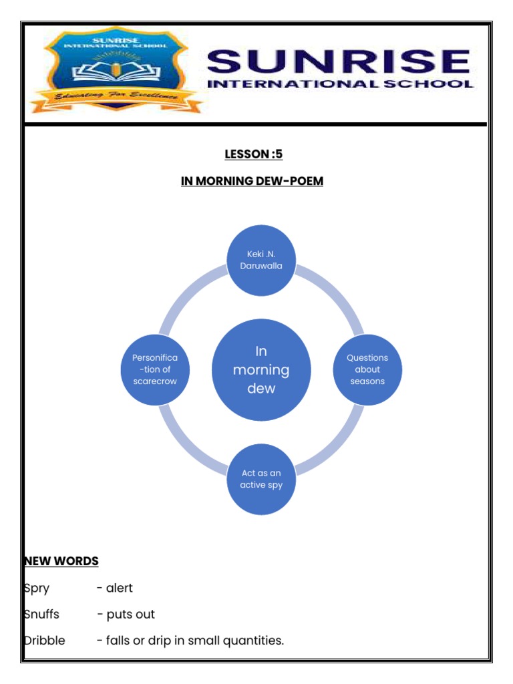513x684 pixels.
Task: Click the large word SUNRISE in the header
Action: (x=339, y=62)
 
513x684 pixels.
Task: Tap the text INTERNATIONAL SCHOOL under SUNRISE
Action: (x=341, y=85)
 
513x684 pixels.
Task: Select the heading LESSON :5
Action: (x=254, y=154)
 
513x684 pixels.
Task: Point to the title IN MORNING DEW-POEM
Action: (x=252, y=181)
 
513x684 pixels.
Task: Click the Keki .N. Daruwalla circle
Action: (x=261, y=260)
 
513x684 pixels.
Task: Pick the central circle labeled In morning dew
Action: (x=261, y=370)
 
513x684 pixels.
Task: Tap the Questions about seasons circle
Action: (x=367, y=369)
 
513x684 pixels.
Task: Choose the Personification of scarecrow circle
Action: (x=155, y=369)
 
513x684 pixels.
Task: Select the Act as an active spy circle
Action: (x=261, y=479)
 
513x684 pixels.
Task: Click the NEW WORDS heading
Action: (x=61, y=561)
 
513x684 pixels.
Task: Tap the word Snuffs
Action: (x=41, y=614)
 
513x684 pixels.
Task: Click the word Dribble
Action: (x=45, y=640)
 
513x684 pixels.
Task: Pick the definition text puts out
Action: (x=130, y=614)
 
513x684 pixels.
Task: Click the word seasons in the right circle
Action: (x=367, y=381)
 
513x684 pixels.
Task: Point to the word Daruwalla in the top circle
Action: (x=261, y=266)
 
